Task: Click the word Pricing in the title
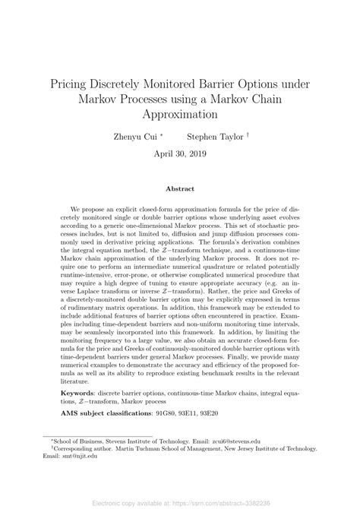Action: (74, 81)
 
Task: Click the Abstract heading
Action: (180, 188)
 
